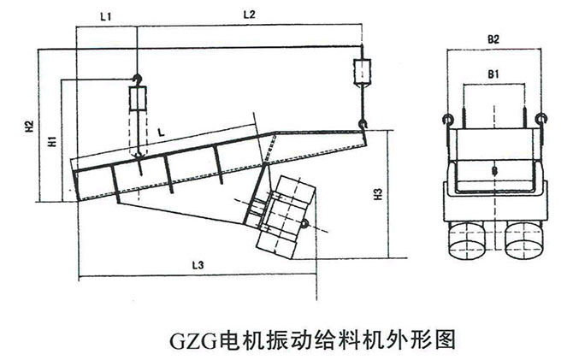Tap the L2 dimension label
(x=250, y=14)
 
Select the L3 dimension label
(x=197, y=266)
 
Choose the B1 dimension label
(x=493, y=75)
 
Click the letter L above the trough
(x=161, y=131)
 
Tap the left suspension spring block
(x=137, y=101)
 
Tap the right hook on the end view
(x=541, y=118)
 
